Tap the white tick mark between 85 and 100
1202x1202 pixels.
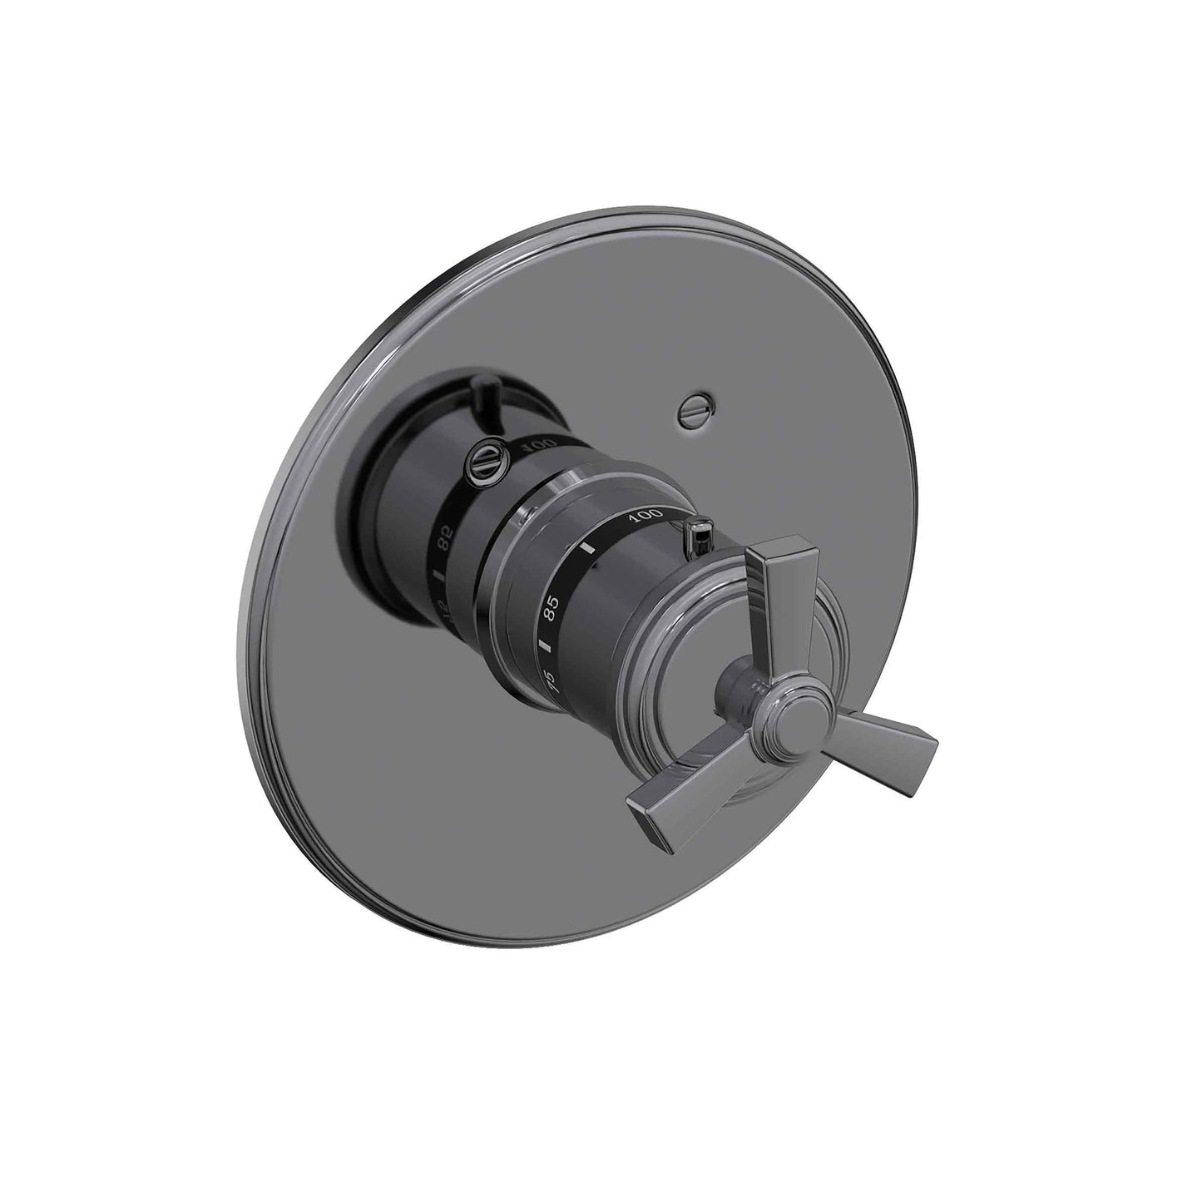tap(589, 550)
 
